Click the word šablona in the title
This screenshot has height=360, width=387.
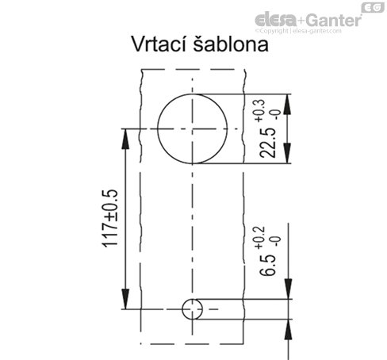pos(231,44)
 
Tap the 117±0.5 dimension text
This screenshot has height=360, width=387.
pos(110,218)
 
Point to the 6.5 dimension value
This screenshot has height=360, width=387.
pos(267,265)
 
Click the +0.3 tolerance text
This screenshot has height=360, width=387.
pos(259,110)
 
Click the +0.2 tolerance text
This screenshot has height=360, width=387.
pos(259,238)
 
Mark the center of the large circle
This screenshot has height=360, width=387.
pos(192,128)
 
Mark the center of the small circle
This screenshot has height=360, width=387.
pos(192,309)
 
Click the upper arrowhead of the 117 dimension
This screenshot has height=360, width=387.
pos(125,139)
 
